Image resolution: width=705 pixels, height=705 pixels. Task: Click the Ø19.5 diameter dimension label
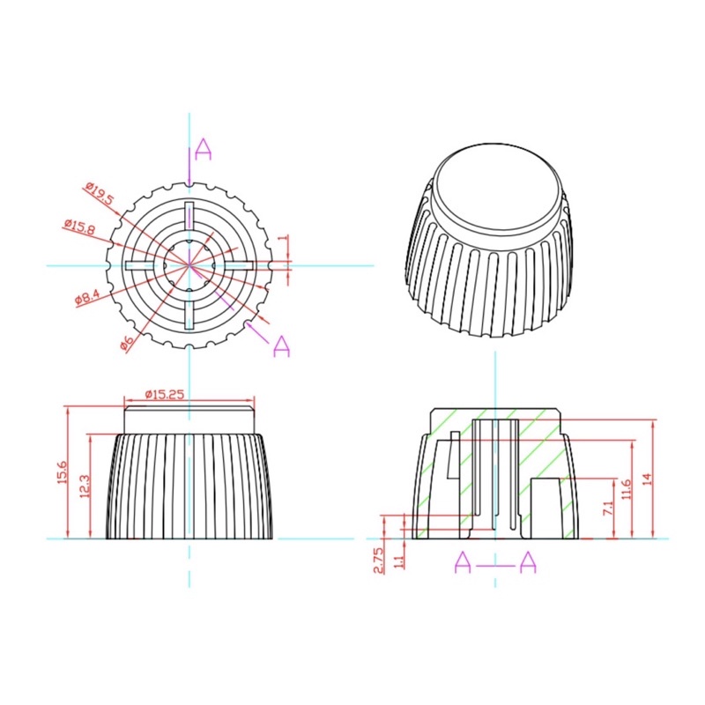click(100, 193)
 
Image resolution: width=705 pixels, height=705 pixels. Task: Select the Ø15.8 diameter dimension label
click(79, 226)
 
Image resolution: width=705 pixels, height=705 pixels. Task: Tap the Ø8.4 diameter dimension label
click(86, 297)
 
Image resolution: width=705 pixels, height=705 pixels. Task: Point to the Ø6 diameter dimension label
click(127, 343)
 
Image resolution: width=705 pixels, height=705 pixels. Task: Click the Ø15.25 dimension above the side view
click(165, 394)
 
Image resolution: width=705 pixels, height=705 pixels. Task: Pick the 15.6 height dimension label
click(62, 471)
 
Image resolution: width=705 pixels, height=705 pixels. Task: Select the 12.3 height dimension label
click(85, 486)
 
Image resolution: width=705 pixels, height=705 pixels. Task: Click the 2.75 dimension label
click(379, 560)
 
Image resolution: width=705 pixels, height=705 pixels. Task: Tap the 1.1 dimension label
click(399, 562)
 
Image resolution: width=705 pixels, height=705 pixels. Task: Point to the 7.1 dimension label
click(607, 508)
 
